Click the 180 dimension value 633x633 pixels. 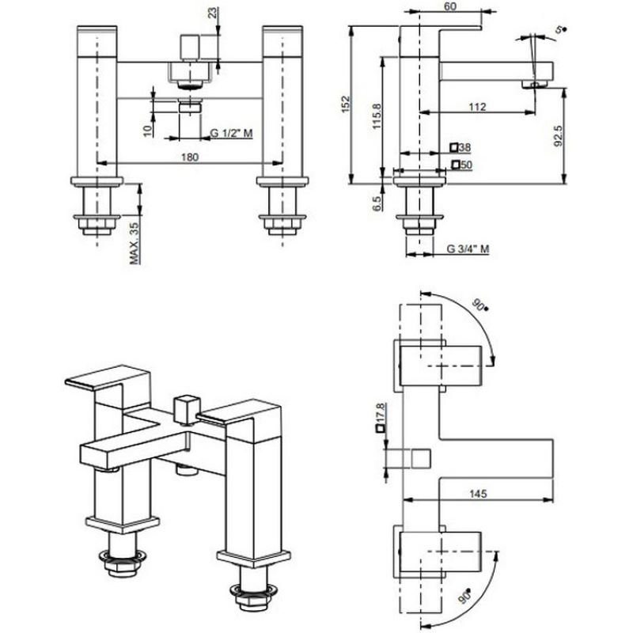click(x=190, y=156)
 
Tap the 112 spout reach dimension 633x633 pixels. click(x=476, y=108)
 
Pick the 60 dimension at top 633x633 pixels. click(x=449, y=6)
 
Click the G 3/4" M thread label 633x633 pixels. click(x=467, y=248)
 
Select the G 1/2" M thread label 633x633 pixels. click(x=231, y=133)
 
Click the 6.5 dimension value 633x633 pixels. click(x=377, y=203)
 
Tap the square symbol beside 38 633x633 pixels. click(x=453, y=147)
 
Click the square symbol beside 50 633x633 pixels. click(x=455, y=164)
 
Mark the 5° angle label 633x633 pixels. click(x=560, y=28)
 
